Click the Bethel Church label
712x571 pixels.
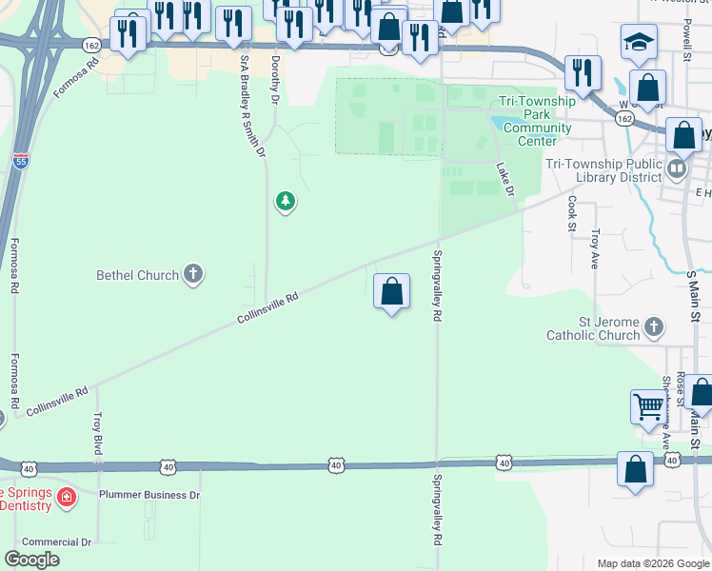click(137, 276)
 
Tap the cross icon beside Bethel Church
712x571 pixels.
click(192, 276)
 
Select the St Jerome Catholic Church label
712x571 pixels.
click(593, 328)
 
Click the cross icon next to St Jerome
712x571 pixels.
click(653, 328)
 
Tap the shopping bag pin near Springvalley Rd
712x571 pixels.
click(391, 292)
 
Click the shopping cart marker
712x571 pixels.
click(648, 407)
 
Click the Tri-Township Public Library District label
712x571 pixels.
click(603, 170)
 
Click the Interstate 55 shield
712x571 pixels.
click(21, 162)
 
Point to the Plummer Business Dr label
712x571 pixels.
click(149, 495)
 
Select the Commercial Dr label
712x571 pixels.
click(57, 541)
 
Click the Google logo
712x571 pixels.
click(32, 560)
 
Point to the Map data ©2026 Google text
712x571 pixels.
click(652, 562)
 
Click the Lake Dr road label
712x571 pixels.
click(504, 179)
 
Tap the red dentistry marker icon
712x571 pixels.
click(66, 497)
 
